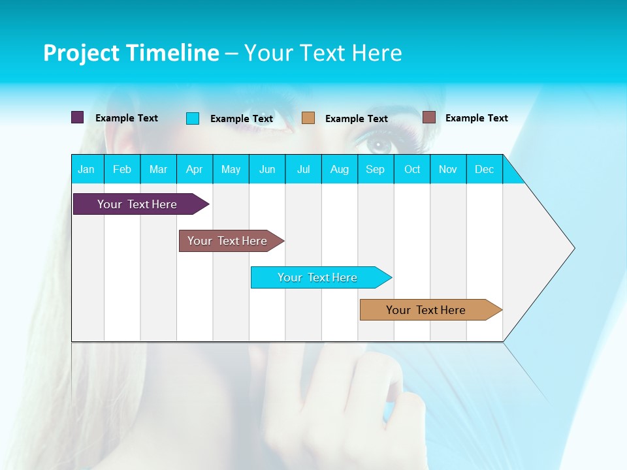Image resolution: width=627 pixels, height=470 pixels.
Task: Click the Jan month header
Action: [x=87, y=169]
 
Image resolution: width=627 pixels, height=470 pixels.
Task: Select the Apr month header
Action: [x=195, y=169]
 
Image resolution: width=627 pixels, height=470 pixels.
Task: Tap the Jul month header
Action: [x=303, y=169]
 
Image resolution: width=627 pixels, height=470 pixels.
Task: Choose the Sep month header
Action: [x=376, y=169]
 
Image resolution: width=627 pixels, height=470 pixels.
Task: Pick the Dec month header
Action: [x=484, y=169]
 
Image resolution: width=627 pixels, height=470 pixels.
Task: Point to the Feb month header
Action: [x=122, y=169]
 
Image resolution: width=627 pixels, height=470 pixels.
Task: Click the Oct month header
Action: [x=412, y=169]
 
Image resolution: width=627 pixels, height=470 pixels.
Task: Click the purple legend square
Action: [x=78, y=117]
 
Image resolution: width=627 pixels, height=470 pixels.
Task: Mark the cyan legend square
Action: [x=193, y=118]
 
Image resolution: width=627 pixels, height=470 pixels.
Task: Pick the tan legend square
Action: [x=308, y=118]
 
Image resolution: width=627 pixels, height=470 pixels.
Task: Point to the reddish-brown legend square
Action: [x=429, y=117]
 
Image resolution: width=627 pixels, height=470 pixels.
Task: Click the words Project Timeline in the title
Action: [x=131, y=53]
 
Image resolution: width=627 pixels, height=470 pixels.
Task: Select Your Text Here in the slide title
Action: [x=323, y=53]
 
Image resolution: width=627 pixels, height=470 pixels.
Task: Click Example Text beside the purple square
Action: [x=127, y=118]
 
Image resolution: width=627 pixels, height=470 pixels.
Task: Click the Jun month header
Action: [x=267, y=169]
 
